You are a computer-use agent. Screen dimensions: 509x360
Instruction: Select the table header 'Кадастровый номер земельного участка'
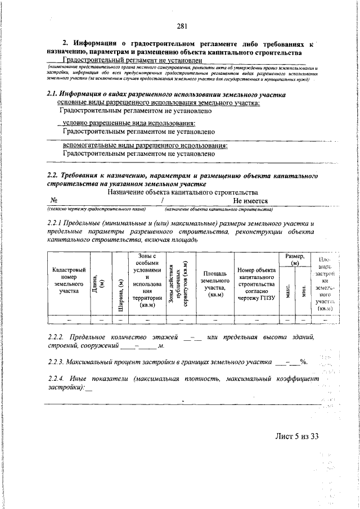69,281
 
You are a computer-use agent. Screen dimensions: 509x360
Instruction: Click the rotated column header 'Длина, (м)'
98,281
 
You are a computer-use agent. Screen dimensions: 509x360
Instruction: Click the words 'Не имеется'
250,201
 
